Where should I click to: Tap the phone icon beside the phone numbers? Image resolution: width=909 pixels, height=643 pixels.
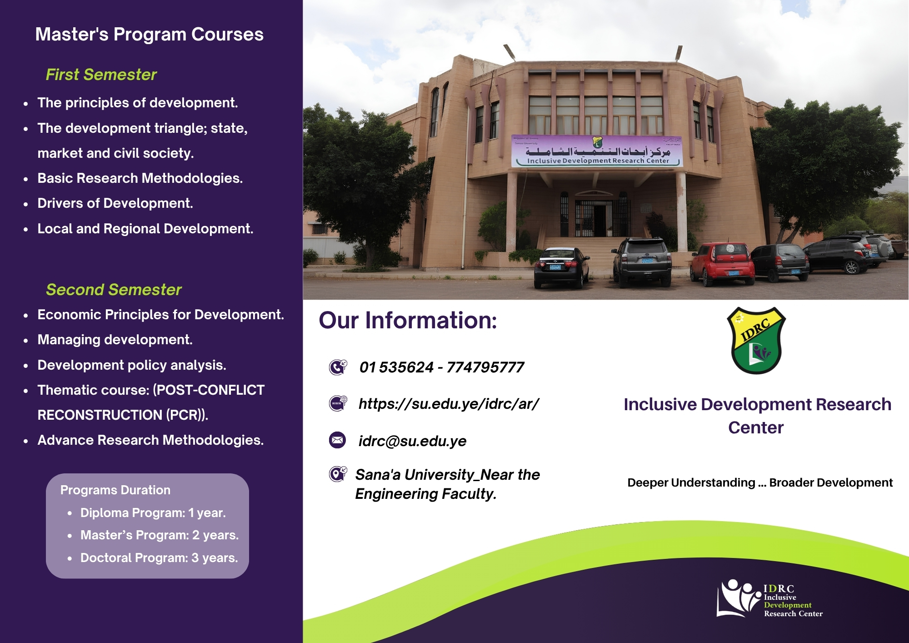(x=338, y=367)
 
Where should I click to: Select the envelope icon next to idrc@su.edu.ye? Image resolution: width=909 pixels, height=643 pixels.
(x=337, y=440)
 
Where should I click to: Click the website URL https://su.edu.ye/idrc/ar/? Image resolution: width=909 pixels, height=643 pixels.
(x=449, y=404)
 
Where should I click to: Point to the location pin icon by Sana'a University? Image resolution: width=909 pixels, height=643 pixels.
(x=338, y=474)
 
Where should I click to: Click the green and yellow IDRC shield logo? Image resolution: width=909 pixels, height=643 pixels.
(x=756, y=341)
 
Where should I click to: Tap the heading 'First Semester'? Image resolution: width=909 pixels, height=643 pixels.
(x=101, y=75)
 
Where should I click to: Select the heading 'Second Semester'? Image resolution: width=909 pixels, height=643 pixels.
(x=114, y=290)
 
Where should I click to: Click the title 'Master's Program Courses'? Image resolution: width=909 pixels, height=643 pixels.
(x=150, y=35)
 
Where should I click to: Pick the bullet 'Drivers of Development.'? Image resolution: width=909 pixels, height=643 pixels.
(x=115, y=203)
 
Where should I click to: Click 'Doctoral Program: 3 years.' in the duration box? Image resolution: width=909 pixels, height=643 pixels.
(x=159, y=558)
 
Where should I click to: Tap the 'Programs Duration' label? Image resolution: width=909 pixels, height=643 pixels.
(x=115, y=490)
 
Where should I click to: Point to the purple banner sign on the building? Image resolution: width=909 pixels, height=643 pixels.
(x=597, y=151)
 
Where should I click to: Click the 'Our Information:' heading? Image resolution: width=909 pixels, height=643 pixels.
(x=408, y=320)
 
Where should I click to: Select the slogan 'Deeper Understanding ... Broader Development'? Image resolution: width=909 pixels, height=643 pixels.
(x=760, y=482)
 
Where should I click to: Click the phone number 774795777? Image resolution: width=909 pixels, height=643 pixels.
(x=485, y=367)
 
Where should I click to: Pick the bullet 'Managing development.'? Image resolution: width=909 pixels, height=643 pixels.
(x=115, y=340)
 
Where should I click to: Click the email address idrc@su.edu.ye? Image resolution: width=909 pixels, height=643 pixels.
(x=412, y=441)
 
